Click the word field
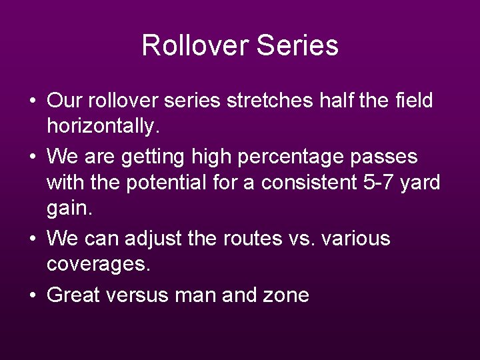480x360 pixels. pos(414,101)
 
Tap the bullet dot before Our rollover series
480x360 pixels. pos(33,102)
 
